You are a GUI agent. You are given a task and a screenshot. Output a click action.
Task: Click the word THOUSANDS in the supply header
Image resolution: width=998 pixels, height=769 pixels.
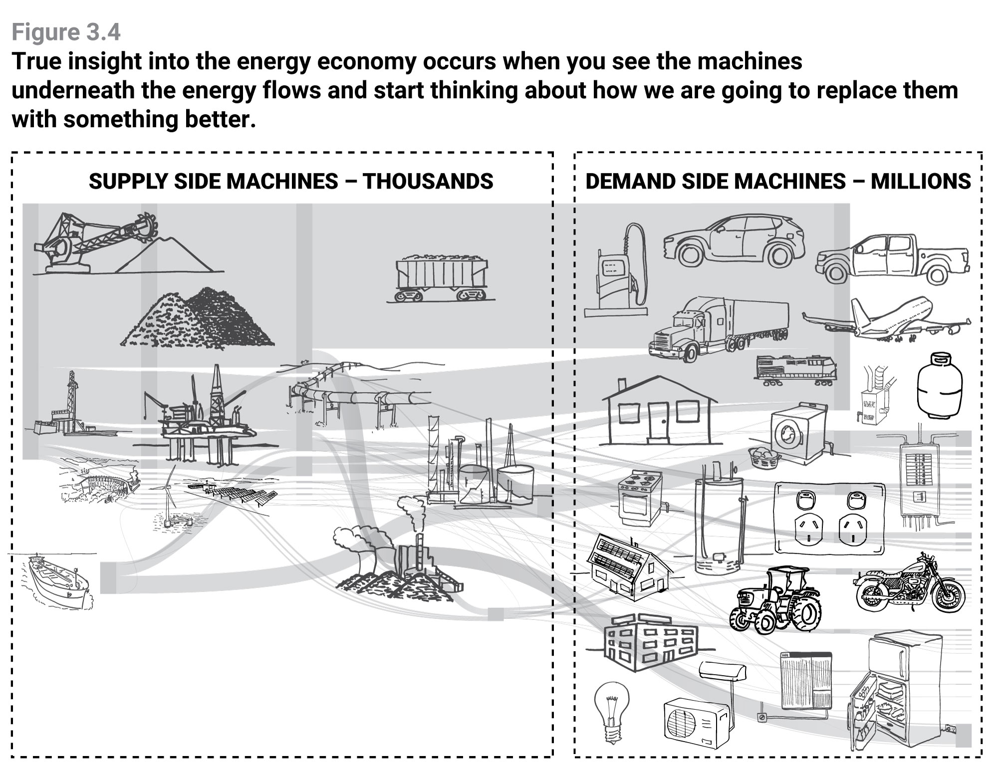pyautogui.click(x=428, y=181)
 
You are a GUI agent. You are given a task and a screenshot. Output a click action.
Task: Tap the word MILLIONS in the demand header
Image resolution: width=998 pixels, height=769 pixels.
pyautogui.click(x=921, y=181)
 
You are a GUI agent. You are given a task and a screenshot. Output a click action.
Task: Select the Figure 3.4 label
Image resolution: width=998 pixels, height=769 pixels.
pyautogui.click(x=66, y=32)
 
